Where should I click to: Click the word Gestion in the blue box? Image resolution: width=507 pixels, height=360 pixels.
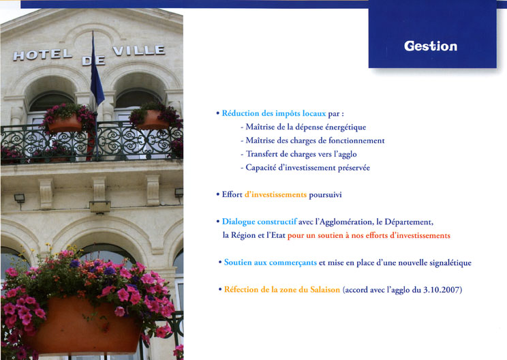[x=431, y=46]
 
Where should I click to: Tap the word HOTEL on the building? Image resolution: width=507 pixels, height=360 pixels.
[x=42, y=55]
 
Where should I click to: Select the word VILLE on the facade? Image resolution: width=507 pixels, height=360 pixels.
[x=139, y=50]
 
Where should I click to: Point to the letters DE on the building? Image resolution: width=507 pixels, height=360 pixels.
[x=93, y=61]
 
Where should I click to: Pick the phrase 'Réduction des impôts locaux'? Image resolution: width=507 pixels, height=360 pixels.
[x=274, y=114]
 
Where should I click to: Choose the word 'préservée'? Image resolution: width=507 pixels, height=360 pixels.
[x=354, y=168]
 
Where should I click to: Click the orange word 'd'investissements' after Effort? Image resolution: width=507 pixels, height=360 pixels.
[x=275, y=195]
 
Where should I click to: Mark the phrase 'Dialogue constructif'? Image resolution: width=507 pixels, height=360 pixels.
[x=260, y=222]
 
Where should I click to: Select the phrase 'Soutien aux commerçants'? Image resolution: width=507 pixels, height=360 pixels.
[x=271, y=262]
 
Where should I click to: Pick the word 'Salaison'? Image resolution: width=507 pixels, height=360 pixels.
[x=325, y=290]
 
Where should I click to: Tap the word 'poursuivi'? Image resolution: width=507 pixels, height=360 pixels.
[x=325, y=195]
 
